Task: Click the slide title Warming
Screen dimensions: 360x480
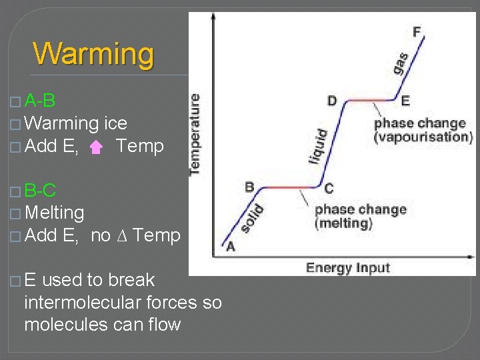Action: (x=93, y=54)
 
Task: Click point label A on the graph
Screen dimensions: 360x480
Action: (x=231, y=246)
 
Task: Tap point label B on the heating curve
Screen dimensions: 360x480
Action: (x=249, y=187)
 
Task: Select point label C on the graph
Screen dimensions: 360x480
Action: (x=329, y=188)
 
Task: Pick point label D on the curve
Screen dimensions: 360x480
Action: (x=332, y=101)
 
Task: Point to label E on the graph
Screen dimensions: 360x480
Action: (x=405, y=101)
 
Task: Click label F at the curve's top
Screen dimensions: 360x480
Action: (x=417, y=32)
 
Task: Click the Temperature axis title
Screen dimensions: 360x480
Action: (x=195, y=134)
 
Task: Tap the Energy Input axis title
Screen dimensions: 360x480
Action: (x=347, y=268)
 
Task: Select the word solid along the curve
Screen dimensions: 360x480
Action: (x=252, y=219)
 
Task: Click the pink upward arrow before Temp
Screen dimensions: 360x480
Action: (x=97, y=147)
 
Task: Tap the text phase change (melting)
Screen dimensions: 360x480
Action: (x=359, y=216)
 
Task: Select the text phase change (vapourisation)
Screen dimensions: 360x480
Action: (x=423, y=130)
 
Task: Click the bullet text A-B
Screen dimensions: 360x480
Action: (x=39, y=101)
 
